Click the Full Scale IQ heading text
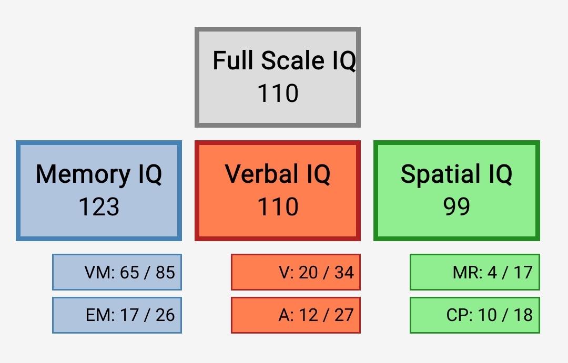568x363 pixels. [285, 60]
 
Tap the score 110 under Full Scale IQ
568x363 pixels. [278, 94]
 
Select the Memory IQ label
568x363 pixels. [99, 174]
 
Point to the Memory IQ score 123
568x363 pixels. [99, 206]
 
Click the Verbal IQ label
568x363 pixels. [278, 174]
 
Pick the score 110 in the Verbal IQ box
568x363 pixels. [278, 206]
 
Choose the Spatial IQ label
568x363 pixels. [457, 174]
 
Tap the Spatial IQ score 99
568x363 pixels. [457, 206]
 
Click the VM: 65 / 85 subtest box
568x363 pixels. [117, 272]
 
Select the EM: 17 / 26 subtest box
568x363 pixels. [117, 315]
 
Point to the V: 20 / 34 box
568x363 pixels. [296, 272]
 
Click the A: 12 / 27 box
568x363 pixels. [296, 315]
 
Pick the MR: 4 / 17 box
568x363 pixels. [475, 272]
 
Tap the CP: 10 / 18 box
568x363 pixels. [475, 315]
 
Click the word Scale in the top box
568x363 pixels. [293, 60]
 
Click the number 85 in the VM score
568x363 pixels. [166, 273]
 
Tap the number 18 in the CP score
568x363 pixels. [523, 315]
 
